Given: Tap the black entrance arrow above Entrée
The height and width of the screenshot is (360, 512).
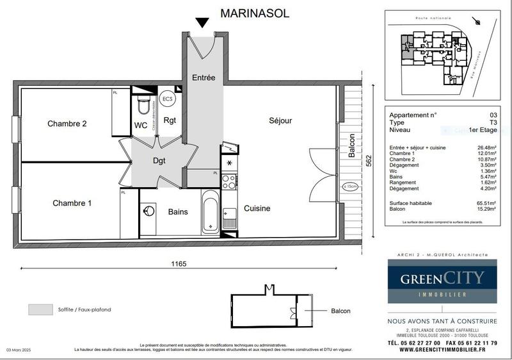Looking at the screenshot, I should pos(203,24).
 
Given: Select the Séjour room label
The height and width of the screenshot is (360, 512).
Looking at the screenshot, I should pos(280,120).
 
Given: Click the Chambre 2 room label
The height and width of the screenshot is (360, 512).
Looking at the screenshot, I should pos(67,124).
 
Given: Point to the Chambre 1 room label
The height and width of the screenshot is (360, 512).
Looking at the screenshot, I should pos(72,203).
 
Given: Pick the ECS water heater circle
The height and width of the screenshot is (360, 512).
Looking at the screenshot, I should pos(168,99).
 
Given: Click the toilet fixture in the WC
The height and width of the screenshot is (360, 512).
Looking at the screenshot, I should pos(143,104).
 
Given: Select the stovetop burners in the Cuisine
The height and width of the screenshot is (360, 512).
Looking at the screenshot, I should pos(229,181).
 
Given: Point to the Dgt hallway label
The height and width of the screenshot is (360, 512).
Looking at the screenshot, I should pos(159,161).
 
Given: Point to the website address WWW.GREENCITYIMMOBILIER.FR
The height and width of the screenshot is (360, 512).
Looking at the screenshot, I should pos(443,351).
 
